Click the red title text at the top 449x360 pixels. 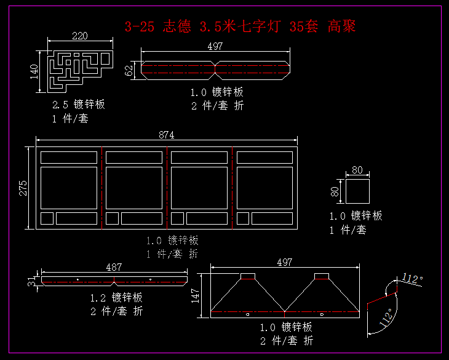240,26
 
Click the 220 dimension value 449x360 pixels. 80,36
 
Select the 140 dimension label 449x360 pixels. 34,71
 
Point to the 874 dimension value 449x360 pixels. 166,135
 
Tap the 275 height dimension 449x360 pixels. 23,188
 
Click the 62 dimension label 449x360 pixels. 129,70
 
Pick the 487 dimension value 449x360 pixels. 114,267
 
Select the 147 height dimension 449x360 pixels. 195,296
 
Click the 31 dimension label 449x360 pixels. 31,281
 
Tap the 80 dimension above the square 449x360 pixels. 357,170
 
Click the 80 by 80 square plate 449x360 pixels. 357,191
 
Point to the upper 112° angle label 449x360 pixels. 412,278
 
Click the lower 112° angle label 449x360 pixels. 386,318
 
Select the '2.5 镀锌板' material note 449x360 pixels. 79,104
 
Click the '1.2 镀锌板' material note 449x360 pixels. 116,298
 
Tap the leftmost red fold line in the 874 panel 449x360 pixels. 102,188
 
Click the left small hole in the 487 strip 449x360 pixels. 77,279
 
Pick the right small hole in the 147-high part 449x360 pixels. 322,314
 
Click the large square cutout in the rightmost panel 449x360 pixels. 264,188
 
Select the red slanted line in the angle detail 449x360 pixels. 383,298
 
